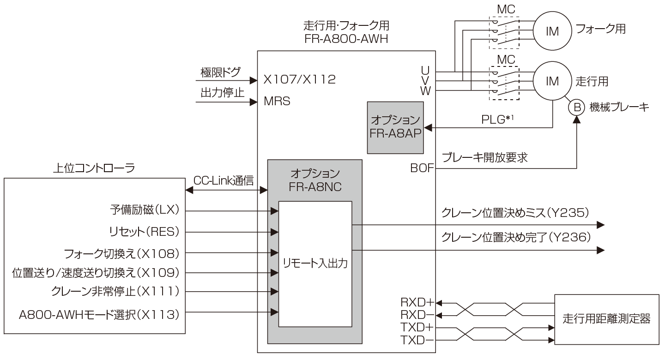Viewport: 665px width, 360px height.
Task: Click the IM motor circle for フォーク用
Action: coord(552,31)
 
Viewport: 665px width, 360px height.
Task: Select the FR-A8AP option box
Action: coord(395,127)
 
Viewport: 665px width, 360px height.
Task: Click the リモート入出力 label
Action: coord(315,264)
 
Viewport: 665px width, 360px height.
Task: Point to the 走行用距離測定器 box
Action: coord(607,319)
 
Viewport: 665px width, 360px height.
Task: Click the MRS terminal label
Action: coord(277,101)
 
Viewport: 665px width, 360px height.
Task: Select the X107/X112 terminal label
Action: coord(299,80)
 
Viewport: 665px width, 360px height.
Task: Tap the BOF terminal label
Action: coord(422,168)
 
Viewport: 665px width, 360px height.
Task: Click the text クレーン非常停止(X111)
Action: coord(115,292)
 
